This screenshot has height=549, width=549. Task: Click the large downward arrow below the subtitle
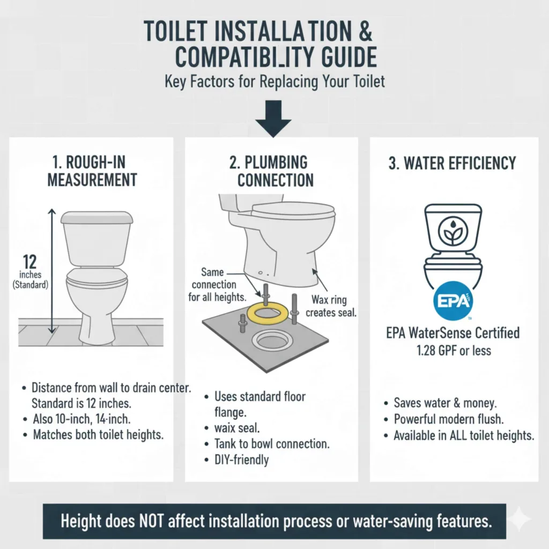pos(273,118)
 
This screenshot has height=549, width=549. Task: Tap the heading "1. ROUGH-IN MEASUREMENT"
pos(92,171)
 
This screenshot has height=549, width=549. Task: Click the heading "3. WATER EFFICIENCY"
pos(452,163)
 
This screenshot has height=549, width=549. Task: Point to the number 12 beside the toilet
pos(30,262)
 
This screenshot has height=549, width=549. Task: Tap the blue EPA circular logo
pos(453,301)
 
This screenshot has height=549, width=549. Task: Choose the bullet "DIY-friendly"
pos(242,459)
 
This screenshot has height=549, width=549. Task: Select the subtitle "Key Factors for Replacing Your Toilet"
pos(274,83)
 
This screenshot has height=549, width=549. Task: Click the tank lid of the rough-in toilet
pos(97,217)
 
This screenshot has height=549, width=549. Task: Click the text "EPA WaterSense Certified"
pos(452,333)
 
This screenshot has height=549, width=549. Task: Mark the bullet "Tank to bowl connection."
pos(272,443)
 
